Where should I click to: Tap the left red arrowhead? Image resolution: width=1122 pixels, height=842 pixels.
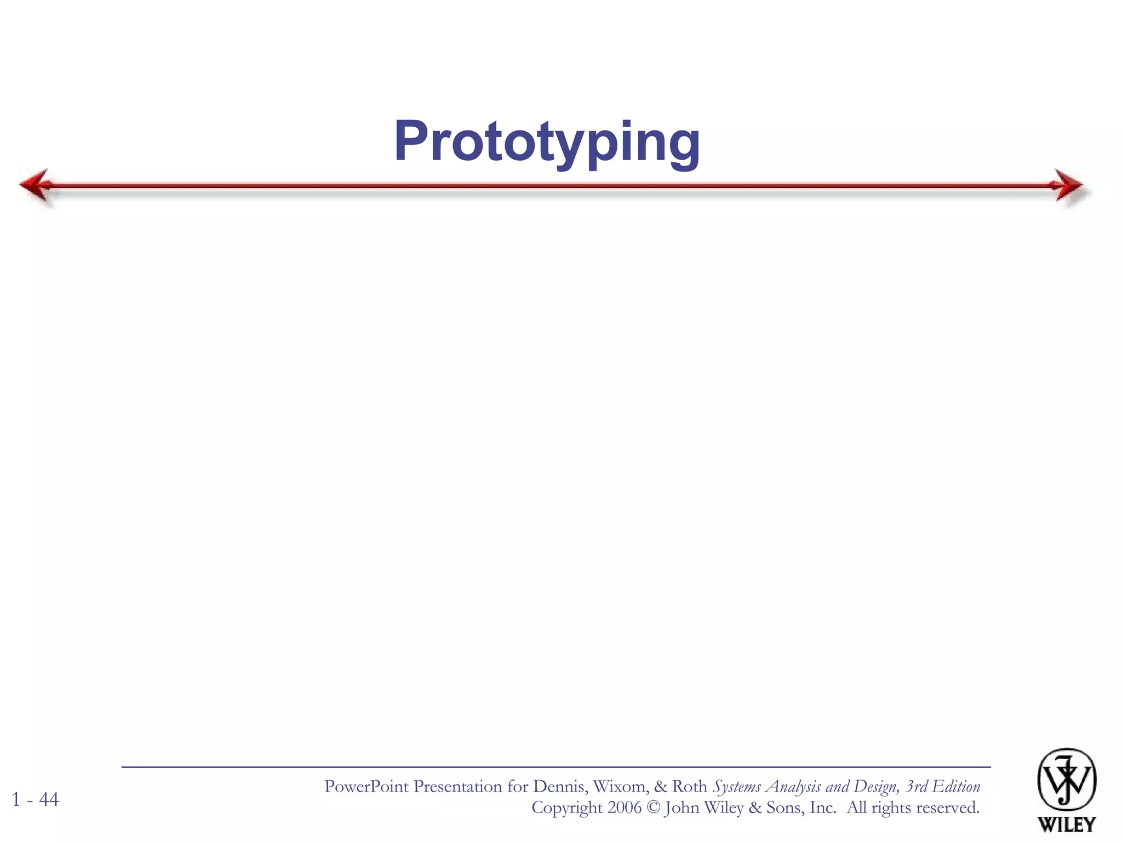tap(36, 185)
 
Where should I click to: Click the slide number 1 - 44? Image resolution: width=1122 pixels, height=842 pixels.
tap(36, 799)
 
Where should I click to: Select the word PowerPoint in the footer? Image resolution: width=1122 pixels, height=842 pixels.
tap(366, 787)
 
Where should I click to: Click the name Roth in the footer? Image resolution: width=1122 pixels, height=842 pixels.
tap(689, 787)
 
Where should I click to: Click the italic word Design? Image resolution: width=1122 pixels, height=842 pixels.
tap(877, 787)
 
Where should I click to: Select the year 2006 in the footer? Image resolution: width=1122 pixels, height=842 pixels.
tap(624, 807)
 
